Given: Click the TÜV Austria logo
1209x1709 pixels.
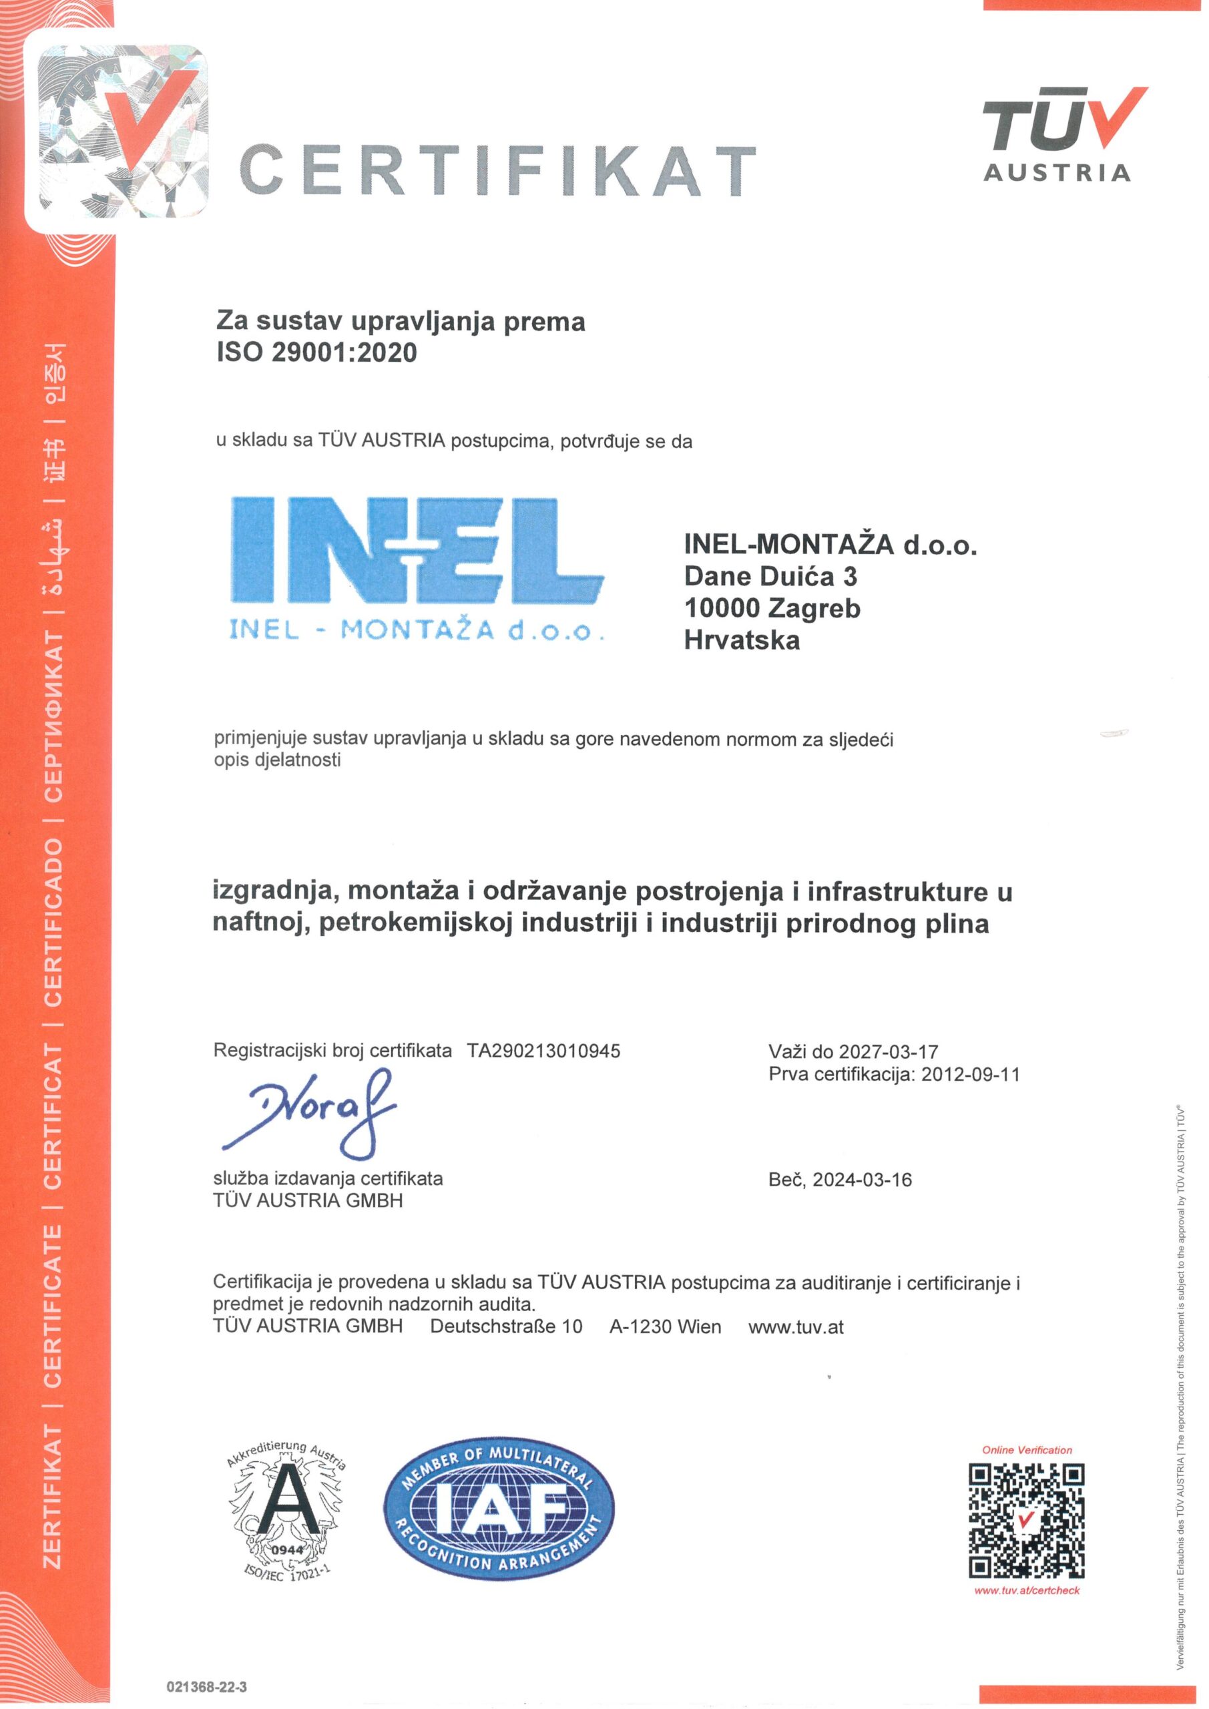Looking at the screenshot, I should [x=1057, y=134].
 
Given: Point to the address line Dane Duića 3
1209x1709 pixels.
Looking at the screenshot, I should [x=770, y=577].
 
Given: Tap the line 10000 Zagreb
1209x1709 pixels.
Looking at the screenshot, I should [x=772, y=608].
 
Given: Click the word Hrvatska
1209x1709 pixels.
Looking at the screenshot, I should [x=742, y=640].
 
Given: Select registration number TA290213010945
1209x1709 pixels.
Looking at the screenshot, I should [x=543, y=1050].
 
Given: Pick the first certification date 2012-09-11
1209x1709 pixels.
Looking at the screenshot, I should [x=970, y=1074].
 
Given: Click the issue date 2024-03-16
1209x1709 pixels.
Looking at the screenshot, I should [x=862, y=1180].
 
